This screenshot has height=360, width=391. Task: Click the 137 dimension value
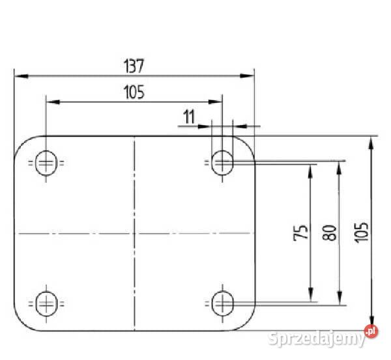pos(134,66)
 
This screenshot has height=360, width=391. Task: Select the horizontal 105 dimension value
pos(134,92)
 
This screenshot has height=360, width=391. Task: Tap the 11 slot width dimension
pos(189,117)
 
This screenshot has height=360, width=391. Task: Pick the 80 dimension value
pos(329,232)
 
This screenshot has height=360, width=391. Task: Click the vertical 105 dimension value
pos(361,232)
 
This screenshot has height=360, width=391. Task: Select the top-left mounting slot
pos(46,163)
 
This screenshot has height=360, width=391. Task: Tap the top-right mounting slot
pos(222,163)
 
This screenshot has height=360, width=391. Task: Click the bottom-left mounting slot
pos(47,304)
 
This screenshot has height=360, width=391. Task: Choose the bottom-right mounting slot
pos(222,303)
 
